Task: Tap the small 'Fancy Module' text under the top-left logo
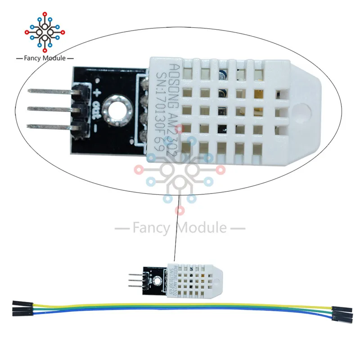[41, 58]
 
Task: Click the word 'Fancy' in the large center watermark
[151, 228]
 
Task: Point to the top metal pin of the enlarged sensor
[45, 90]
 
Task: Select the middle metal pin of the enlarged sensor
[45, 108]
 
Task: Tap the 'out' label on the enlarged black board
[96, 111]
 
